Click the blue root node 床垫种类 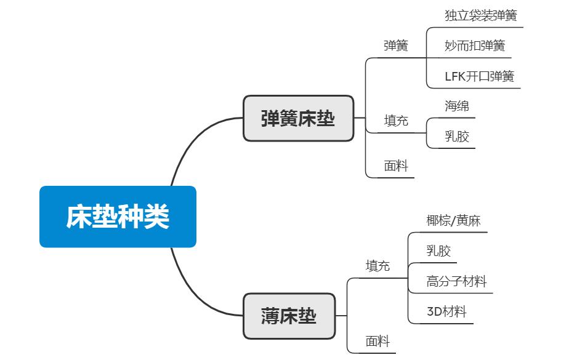tap(118, 217)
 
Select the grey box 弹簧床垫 tap(298, 118)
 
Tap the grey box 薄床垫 tap(289, 316)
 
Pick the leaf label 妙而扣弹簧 tap(474, 46)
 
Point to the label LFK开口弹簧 tap(479, 76)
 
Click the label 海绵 tap(457, 106)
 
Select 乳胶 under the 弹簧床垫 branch tap(457, 136)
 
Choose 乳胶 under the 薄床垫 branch tap(438, 250)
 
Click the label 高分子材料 tap(456, 281)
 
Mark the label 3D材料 tap(446, 311)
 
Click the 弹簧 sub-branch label tap(395, 46)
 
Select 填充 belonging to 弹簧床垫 tap(396, 121)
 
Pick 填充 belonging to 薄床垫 tap(377, 266)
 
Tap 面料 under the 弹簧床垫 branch tap(396, 166)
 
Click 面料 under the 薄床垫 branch tap(377, 342)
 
